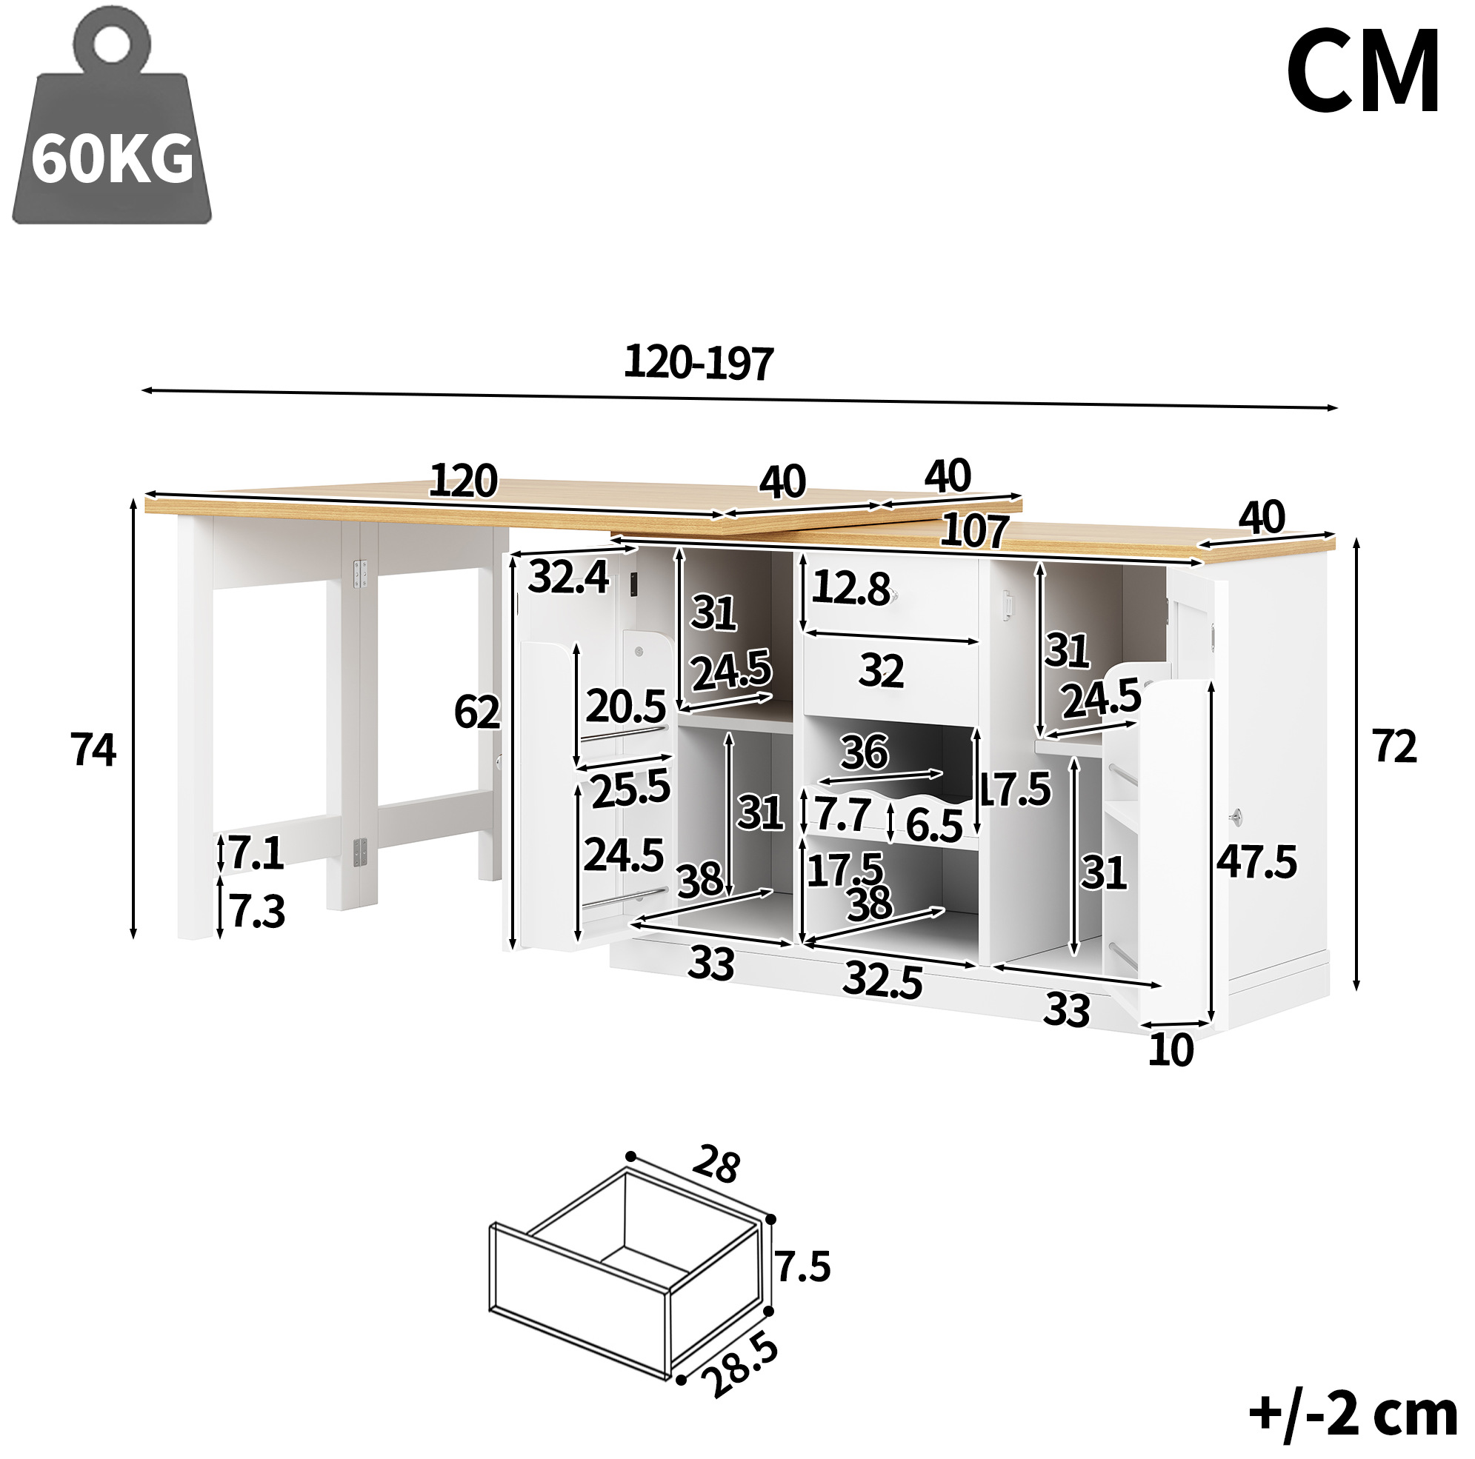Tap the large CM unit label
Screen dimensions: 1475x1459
[1363, 72]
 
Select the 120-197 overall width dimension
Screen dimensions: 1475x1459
[699, 362]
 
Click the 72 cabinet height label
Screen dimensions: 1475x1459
[1394, 746]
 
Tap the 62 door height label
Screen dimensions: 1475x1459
[477, 712]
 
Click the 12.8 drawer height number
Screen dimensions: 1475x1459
[850, 587]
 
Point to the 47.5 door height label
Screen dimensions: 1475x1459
[1256, 862]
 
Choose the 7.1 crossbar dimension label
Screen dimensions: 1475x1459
[256, 852]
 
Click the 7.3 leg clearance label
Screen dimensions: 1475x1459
[257, 911]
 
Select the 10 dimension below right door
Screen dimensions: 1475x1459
[1171, 1050]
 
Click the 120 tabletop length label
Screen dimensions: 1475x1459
[464, 481]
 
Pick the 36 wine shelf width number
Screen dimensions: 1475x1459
[865, 752]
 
